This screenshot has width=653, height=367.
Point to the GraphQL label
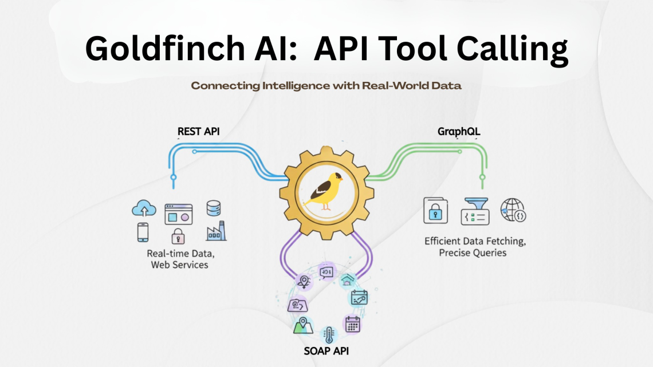(459, 132)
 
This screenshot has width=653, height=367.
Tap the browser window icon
(178, 214)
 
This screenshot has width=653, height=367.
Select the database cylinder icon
(214, 208)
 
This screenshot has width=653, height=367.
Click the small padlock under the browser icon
(178, 236)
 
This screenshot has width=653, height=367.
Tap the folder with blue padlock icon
(435, 211)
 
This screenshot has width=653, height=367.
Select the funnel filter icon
(475, 211)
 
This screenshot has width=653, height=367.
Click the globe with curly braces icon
(513, 211)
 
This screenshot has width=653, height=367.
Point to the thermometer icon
(329, 334)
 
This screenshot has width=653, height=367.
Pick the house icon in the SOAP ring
(347, 280)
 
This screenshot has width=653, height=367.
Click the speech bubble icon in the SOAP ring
(327, 271)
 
